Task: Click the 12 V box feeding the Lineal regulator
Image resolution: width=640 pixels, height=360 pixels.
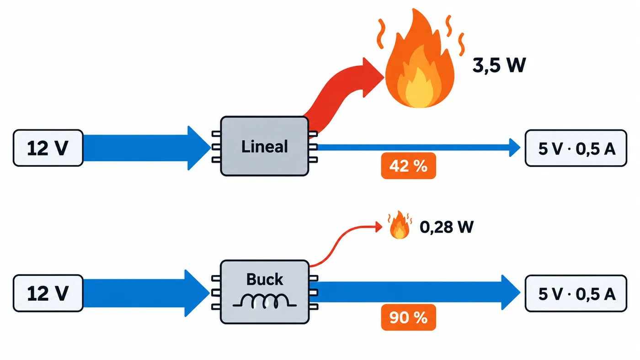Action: (x=48, y=148)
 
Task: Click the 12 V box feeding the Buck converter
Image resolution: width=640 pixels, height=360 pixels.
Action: (x=48, y=293)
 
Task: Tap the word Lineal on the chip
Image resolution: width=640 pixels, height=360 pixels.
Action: (x=265, y=147)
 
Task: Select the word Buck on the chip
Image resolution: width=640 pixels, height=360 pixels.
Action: (x=265, y=279)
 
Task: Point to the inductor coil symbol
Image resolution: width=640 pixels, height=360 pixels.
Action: (x=265, y=302)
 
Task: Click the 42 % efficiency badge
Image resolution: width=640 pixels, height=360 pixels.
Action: (x=409, y=166)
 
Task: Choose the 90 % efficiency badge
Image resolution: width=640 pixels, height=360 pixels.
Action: (x=409, y=318)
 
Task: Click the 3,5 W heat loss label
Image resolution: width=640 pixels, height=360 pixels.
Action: (x=499, y=65)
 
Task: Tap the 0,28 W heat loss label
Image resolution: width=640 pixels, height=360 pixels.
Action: (x=447, y=227)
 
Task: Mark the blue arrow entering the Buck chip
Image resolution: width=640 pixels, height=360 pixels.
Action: (x=146, y=293)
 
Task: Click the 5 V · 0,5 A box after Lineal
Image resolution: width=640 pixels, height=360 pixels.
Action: (x=576, y=148)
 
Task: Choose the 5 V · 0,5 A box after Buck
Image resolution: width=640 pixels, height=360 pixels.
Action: (x=576, y=293)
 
